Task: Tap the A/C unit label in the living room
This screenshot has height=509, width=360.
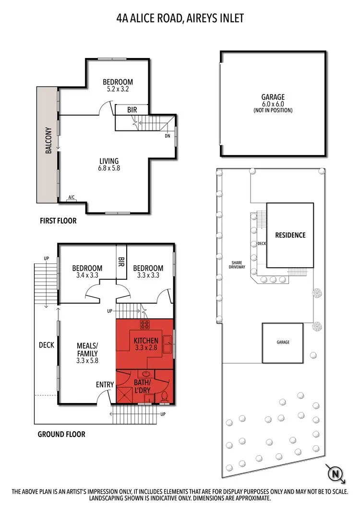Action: [72, 197]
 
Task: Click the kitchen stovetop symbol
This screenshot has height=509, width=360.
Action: [144, 324]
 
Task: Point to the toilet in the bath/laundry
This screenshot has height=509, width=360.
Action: [164, 396]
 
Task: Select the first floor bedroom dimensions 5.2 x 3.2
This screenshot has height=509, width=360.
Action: [118, 89]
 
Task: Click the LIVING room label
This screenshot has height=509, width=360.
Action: [109, 161]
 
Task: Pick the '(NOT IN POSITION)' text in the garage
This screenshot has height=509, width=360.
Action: [273, 110]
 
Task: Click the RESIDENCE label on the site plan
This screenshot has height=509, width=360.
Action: [290, 235]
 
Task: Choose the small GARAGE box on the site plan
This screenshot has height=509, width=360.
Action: [282, 343]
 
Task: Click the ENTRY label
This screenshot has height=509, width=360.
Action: [105, 384]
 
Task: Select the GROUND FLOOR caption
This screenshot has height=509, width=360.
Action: [61, 434]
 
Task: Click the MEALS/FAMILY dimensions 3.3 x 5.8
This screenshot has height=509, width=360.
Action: [87, 360]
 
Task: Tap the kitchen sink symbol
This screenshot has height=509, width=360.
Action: [168, 342]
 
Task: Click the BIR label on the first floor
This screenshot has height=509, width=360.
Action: [132, 110]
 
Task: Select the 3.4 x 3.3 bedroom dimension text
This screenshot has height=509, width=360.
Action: [87, 275]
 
